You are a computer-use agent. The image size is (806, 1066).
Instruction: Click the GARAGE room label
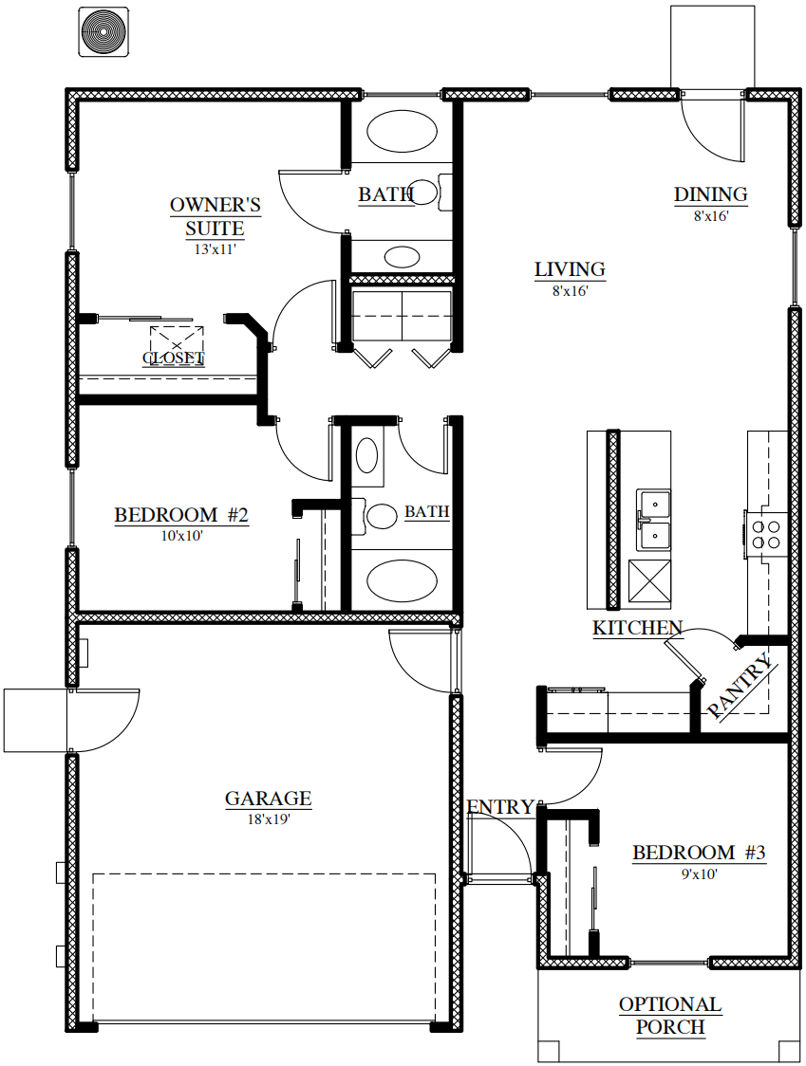click(269, 798)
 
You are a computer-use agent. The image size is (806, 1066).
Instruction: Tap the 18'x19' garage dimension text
click(269, 819)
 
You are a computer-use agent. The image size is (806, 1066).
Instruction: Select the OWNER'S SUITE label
click(216, 216)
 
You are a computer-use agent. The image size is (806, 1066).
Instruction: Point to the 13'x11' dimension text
click(216, 248)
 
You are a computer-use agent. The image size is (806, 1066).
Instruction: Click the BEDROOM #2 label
click(181, 515)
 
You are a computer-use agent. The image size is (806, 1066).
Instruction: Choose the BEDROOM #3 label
click(699, 852)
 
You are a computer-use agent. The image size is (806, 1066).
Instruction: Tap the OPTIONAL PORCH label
click(670, 1016)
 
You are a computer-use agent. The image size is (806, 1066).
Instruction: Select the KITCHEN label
click(637, 628)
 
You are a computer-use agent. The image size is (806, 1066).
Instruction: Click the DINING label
click(711, 194)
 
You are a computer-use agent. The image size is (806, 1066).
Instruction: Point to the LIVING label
click(570, 269)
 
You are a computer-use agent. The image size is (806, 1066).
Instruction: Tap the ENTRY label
click(500, 806)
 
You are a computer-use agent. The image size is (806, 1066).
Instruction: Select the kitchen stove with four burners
click(765, 534)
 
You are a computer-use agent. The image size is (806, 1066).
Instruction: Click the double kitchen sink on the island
click(653, 520)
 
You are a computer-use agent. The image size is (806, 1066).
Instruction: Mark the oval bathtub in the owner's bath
click(403, 131)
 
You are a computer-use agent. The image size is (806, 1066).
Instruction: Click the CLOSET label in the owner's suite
click(174, 358)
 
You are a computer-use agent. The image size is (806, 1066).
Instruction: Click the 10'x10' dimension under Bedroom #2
click(181, 536)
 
